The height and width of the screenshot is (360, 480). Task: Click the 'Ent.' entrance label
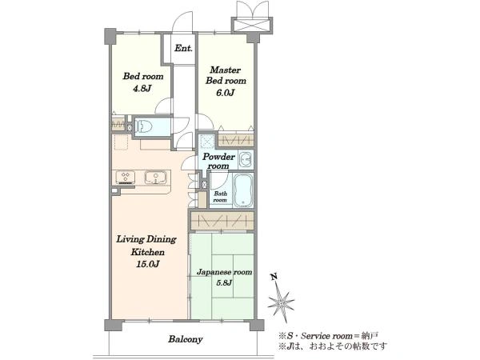[183, 48]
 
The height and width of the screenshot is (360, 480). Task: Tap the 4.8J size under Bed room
[142, 89]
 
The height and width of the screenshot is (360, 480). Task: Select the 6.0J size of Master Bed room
[226, 93]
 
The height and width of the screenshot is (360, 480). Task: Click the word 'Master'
[226, 70]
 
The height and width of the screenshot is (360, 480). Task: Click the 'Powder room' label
[218, 162]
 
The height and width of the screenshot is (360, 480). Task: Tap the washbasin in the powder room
[246, 159]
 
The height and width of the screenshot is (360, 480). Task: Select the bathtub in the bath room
[243, 190]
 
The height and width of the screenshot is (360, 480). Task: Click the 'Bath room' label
[221, 197]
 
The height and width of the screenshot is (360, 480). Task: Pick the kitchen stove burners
[126, 178]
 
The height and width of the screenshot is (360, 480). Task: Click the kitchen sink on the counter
[156, 178]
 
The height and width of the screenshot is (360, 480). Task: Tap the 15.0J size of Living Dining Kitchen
[147, 264]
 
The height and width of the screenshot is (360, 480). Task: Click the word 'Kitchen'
[147, 252]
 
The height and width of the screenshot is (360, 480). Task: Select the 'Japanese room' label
[224, 272]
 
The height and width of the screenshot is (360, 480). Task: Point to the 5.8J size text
[224, 282]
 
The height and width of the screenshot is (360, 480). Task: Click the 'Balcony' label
[186, 339]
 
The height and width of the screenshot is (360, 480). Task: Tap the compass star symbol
[282, 302]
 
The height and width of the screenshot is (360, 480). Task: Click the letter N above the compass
[274, 277]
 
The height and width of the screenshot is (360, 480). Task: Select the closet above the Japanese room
[222, 221]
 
